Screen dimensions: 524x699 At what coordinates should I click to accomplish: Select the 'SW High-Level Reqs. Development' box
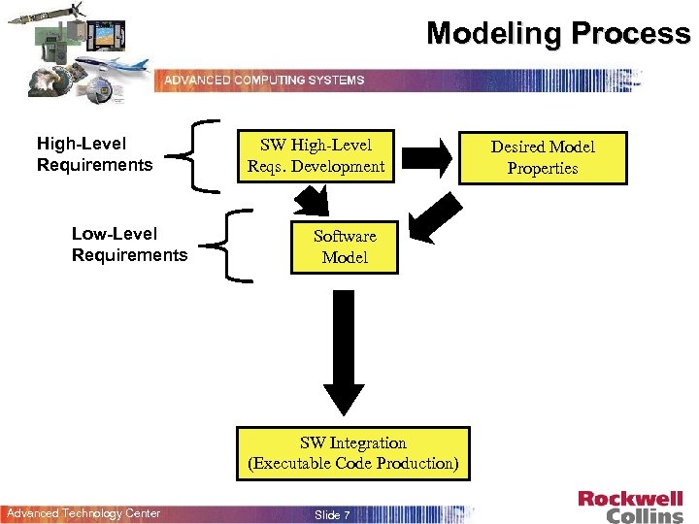(x=316, y=155)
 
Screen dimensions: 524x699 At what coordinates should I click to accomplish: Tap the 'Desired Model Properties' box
(x=542, y=157)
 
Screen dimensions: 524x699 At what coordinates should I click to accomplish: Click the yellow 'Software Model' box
(x=345, y=246)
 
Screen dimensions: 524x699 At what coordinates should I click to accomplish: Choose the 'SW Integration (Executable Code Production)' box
(x=353, y=453)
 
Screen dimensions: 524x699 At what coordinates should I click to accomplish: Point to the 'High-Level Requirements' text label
(x=94, y=154)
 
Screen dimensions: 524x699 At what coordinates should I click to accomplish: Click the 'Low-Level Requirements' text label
(x=129, y=245)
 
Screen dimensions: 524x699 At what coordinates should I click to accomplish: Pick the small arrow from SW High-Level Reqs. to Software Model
(x=313, y=201)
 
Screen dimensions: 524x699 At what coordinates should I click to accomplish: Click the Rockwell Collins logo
(x=630, y=506)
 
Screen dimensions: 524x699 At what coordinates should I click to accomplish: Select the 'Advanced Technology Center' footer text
(x=83, y=513)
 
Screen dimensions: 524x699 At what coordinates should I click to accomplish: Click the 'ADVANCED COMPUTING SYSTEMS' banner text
(x=264, y=80)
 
